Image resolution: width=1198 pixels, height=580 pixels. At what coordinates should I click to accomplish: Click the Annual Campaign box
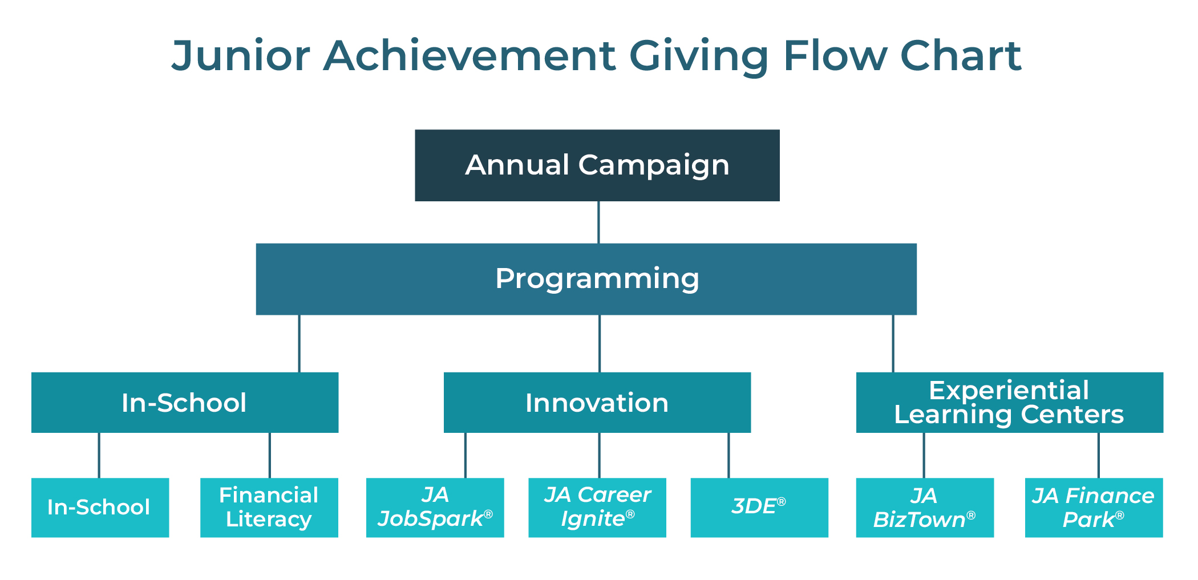[597, 165]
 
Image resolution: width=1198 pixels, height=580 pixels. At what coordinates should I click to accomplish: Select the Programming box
[586, 279]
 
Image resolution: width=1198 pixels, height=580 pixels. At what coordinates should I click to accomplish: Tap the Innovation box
[597, 403]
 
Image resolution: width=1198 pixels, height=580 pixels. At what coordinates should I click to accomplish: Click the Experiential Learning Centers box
[1009, 403]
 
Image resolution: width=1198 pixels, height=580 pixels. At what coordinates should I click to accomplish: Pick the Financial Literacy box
[269, 507]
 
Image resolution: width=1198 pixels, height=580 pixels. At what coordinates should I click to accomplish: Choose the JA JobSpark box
[435, 507]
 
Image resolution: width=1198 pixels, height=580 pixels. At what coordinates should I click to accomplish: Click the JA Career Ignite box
[597, 507]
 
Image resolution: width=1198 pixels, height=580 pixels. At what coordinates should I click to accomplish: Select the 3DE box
[759, 507]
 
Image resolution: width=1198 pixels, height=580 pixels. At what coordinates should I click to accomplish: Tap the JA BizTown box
[924, 507]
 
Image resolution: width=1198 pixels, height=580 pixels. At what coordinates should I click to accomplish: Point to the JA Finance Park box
[1094, 507]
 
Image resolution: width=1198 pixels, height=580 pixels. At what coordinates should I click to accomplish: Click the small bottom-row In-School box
[100, 507]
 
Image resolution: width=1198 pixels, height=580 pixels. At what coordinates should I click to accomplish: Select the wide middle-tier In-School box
[184, 403]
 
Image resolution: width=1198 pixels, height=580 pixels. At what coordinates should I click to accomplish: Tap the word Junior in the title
[240, 56]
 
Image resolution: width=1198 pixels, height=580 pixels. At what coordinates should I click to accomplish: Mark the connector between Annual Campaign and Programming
[598, 222]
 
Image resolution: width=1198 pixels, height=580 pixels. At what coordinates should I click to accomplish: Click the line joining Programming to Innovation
[600, 343]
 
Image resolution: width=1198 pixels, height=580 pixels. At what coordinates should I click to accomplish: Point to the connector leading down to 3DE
[728, 455]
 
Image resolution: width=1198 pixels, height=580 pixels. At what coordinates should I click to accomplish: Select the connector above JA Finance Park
[1098, 455]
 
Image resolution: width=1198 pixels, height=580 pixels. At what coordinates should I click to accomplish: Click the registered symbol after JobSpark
[488, 514]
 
